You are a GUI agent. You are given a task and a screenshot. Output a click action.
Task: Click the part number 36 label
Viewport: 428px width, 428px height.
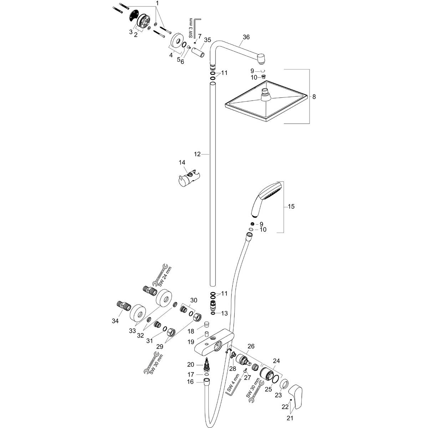coord(246,37)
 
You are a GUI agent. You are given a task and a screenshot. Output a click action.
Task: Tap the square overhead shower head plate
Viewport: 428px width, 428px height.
coord(266,101)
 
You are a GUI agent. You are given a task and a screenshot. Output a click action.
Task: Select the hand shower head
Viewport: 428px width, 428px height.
coord(266,199)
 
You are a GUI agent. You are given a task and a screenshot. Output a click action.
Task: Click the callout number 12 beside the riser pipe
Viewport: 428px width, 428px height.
coord(197,154)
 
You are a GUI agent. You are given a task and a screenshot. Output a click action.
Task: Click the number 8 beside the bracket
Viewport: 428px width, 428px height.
coord(314,97)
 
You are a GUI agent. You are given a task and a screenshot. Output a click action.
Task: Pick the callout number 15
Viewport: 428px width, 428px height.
coord(291,207)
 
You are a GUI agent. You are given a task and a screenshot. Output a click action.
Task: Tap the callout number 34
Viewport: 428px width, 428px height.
coord(115,321)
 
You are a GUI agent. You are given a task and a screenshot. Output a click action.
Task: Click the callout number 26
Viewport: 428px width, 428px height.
coord(251,346)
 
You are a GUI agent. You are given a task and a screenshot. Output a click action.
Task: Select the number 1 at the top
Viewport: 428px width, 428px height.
coord(158,3)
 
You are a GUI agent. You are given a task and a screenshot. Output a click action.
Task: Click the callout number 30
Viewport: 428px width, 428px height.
coord(194,300)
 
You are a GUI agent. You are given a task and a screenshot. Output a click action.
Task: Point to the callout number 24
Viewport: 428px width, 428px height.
coord(276,361)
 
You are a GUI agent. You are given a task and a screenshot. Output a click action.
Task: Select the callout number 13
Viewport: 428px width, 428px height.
coord(225,313)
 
